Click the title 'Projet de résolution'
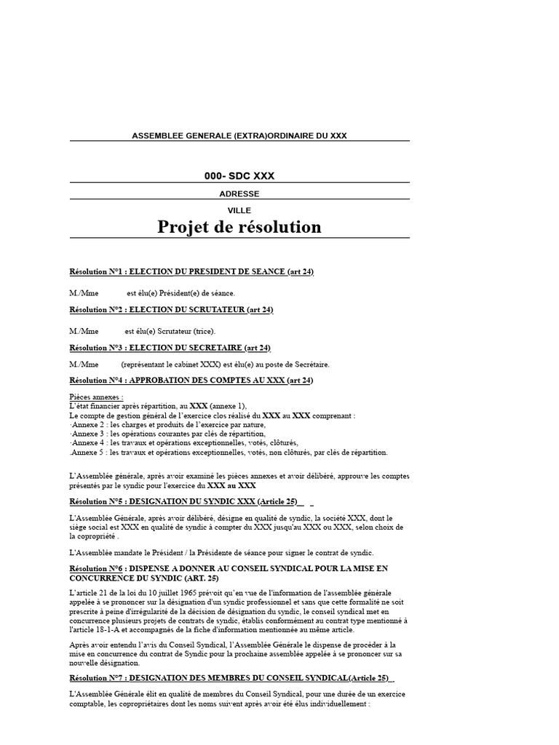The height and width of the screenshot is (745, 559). coord(239,227)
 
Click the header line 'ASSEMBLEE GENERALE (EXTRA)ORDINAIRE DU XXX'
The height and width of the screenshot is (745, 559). coord(239,136)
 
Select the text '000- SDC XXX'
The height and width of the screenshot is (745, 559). coord(239,176)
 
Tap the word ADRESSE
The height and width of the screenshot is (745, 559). coord(239,194)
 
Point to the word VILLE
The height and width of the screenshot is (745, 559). coord(239,210)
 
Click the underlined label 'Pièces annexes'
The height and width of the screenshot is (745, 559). coord(96,397)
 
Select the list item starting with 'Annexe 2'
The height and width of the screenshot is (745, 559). coord(167,424)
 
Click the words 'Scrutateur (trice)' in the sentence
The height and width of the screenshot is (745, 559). coord(186,331)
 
